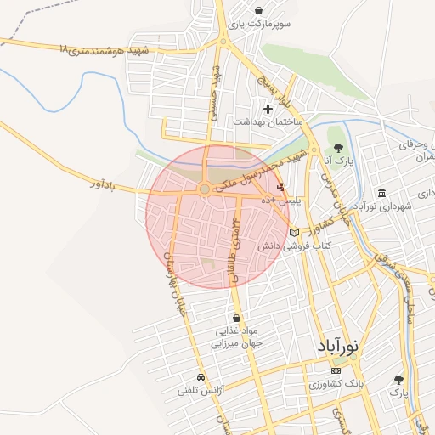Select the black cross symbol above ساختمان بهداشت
coord(268,109)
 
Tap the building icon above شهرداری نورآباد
coord(381,193)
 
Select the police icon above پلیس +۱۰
coord(281,186)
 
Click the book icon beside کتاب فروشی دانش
coord(295,233)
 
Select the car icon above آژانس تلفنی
coord(200,377)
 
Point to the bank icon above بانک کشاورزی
coord(336,370)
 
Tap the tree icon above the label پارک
coord(398,380)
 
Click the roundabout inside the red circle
coord(204,189)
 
